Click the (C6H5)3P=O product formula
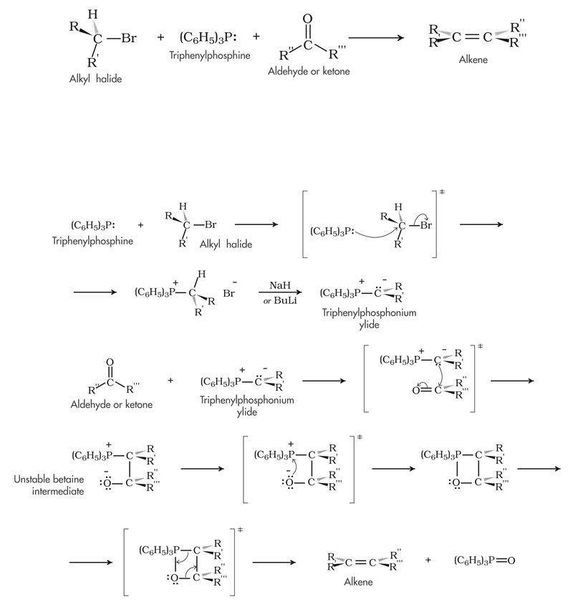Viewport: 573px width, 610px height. [x=484, y=559]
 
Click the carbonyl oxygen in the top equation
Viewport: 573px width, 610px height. [x=308, y=19]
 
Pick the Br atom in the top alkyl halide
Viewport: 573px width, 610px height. [x=129, y=37]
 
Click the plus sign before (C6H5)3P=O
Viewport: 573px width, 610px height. [x=428, y=559]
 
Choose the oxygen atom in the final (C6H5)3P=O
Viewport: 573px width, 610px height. [x=510, y=559]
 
